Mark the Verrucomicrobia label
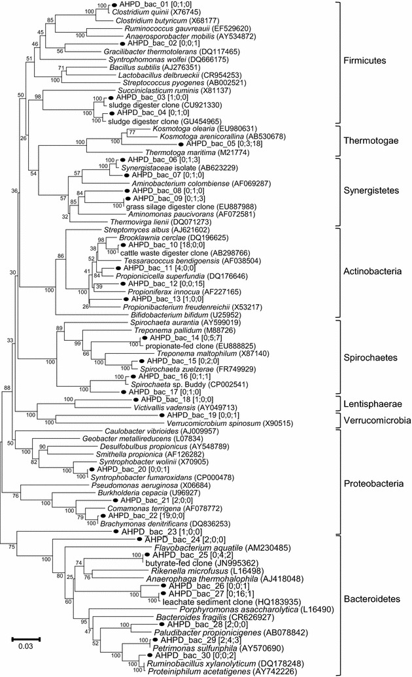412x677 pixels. tap(377, 420)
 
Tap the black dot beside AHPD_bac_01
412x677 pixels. tap(115, 5)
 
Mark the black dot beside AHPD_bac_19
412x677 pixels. tap(162, 415)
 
